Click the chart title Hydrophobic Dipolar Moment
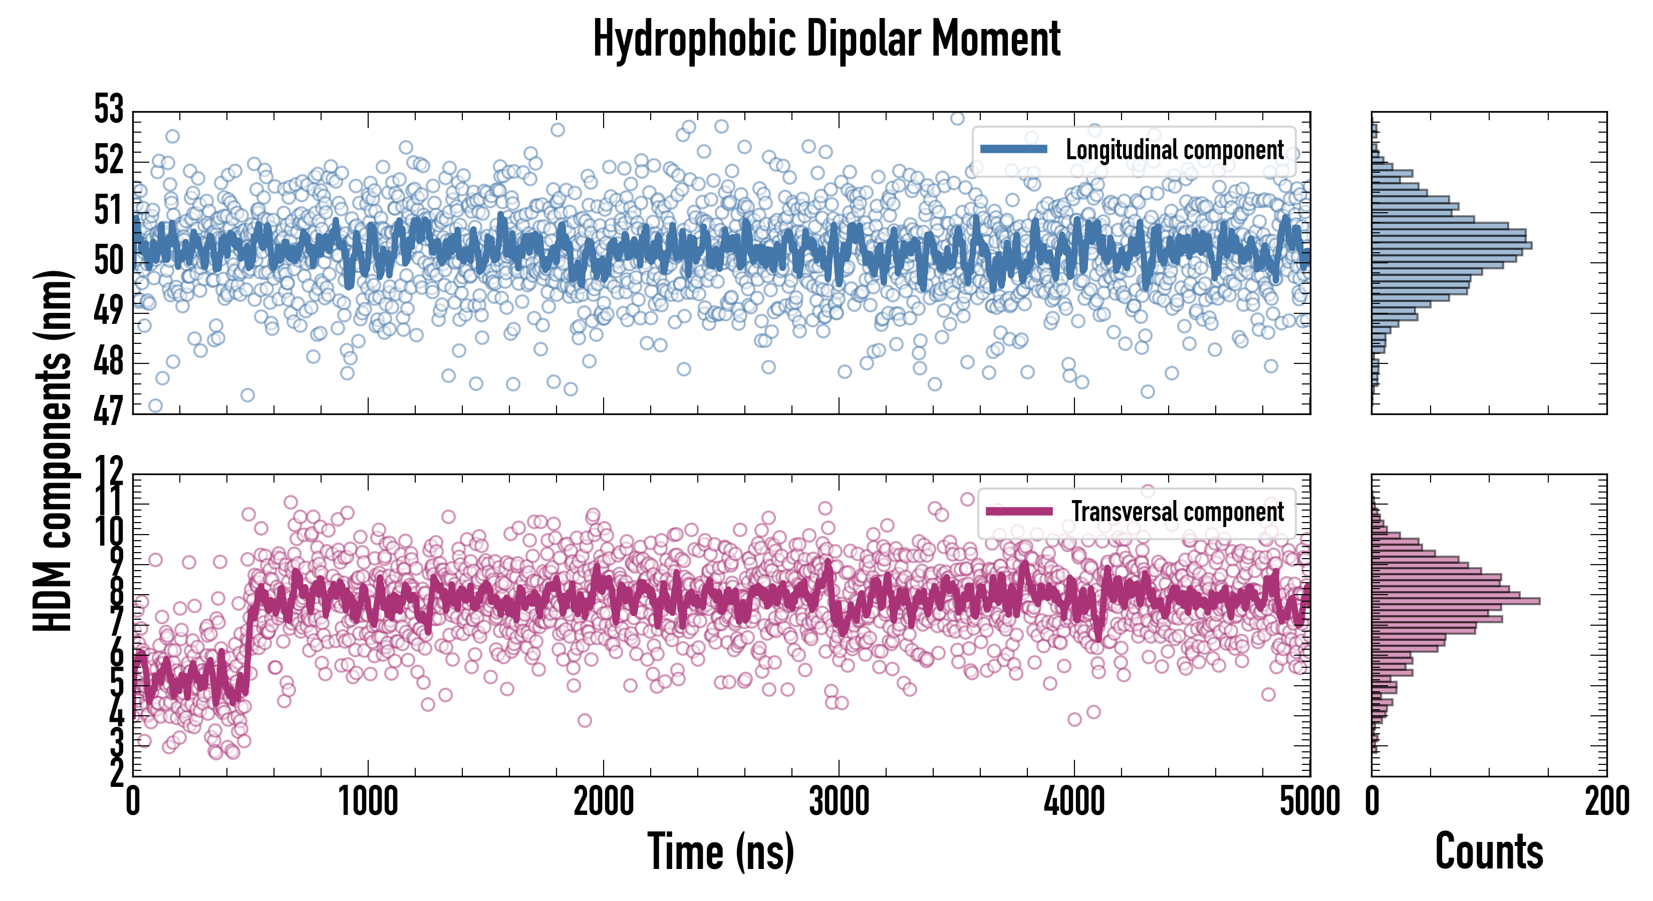826,40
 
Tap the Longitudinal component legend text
1174,150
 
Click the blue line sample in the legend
1014,150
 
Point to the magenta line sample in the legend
1019,511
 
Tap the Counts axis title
1489,851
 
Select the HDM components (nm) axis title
53,449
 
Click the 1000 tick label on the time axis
368,801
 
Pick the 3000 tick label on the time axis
839,801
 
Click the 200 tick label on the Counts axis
1607,801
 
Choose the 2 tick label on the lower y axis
117,773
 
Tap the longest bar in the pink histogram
1455,601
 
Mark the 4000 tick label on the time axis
1074,801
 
